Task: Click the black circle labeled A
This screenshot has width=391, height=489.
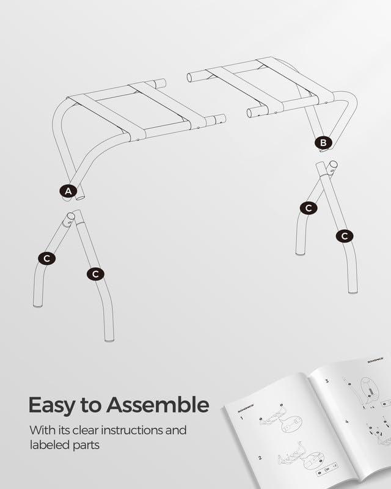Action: click(68, 191)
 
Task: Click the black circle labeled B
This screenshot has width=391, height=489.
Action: click(323, 143)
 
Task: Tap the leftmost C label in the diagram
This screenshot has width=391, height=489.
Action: click(46, 259)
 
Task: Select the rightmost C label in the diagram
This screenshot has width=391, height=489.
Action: click(345, 235)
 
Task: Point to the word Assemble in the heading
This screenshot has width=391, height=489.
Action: click(157, 405)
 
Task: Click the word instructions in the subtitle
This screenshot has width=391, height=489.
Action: click(150, 430)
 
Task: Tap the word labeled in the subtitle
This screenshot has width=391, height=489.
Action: click(51, 445)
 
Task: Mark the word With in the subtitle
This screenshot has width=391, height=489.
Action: click(41, 430)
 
